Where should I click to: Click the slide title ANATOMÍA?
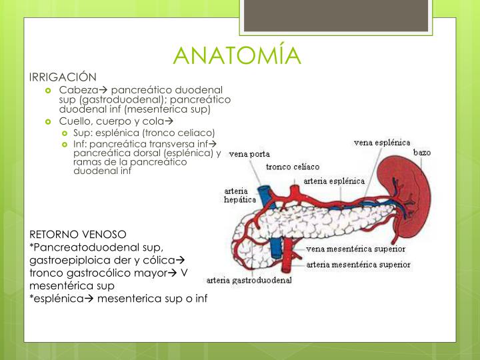pyautogui.click(x=237, y=55)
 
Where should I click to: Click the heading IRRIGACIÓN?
pyautogui.click(x=63, y=77)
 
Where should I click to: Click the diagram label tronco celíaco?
pyautogui.click(x=293, y=166)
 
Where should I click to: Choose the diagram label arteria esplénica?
pyautogui.click(x=334, y=180)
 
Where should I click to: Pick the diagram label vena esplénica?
pyautogui.click(x=382, y=142)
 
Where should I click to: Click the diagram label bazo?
pyautogui.click(x=422, y=152)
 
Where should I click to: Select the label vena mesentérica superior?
pyautogui.click(x=356, y=249)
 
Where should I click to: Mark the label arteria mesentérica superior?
pyautogui.click(x=359, y=264)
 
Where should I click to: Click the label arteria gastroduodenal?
pyautogui.click(x=249, y=280)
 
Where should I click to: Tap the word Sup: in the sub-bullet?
pyautogui.click(x=82, y=133)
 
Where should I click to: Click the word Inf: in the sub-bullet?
pyautogui.click(x=80, y=143)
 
